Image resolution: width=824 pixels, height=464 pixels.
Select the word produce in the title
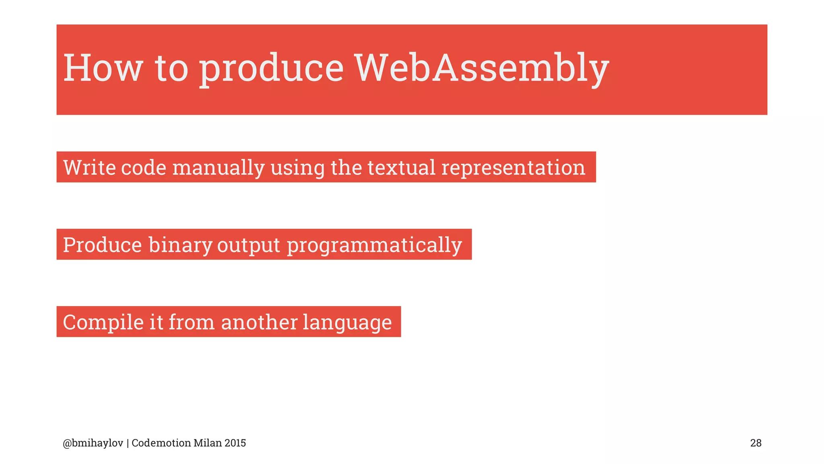pos(272,68)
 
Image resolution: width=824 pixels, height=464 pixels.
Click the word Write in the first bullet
pos(89,167)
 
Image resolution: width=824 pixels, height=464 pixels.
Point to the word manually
pos(218,168)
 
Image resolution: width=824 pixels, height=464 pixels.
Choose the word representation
pos(513,168)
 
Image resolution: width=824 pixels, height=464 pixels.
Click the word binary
pos(180,245)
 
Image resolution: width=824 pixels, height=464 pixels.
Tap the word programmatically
pos(374,245)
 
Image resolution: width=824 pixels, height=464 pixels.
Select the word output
pos(249,245)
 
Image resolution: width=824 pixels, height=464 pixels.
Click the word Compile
pos(103,322)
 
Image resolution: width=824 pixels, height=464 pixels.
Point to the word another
pos(260,322)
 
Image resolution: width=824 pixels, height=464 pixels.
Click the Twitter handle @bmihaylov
pos(93,443)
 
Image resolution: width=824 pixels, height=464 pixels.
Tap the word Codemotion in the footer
pos(161,443)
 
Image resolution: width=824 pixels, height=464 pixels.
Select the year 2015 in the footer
pos(235,443)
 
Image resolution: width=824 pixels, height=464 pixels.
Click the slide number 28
pos(756,443)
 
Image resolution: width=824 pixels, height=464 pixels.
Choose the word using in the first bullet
pos(297,168)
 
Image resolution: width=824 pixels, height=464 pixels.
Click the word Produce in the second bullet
pos(103,245)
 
